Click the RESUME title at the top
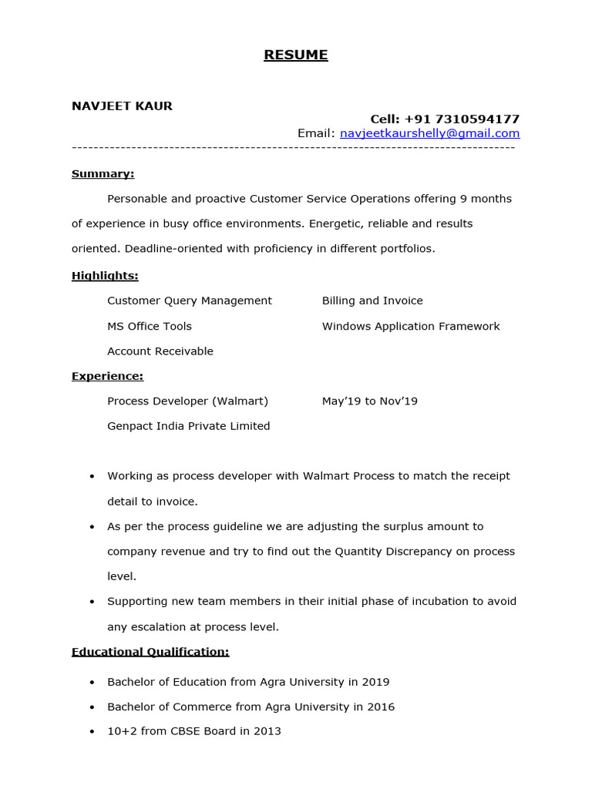pyautogui.click(x=296, y=55)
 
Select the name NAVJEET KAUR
pyautogui.click(x=122, y=106)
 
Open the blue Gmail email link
pyautogui.click(x=429, y=133)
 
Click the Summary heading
pyautogui.click(x=103, y=174)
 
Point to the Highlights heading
pyautogui.click(x=105, y=276)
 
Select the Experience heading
pyautogui.click(x=107, y=377)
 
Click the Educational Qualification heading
pyautogui.click(x=150, y=652)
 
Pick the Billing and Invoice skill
pyautogui.click(x=372, y=300)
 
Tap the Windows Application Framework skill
pyautogui.click(x=411, y=326)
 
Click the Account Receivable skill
pyautogui.click(x=160, y=351)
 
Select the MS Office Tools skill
pyautogui.click(x=150, y=326)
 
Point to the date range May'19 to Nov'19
pyautogui.click(x=370, y=401)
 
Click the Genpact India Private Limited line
pyautogui.click(x=189, y=426)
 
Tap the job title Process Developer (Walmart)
pyautogui.click(x=187, y=401)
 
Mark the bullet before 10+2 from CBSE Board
pyautogui.click(x=92, y=732)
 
